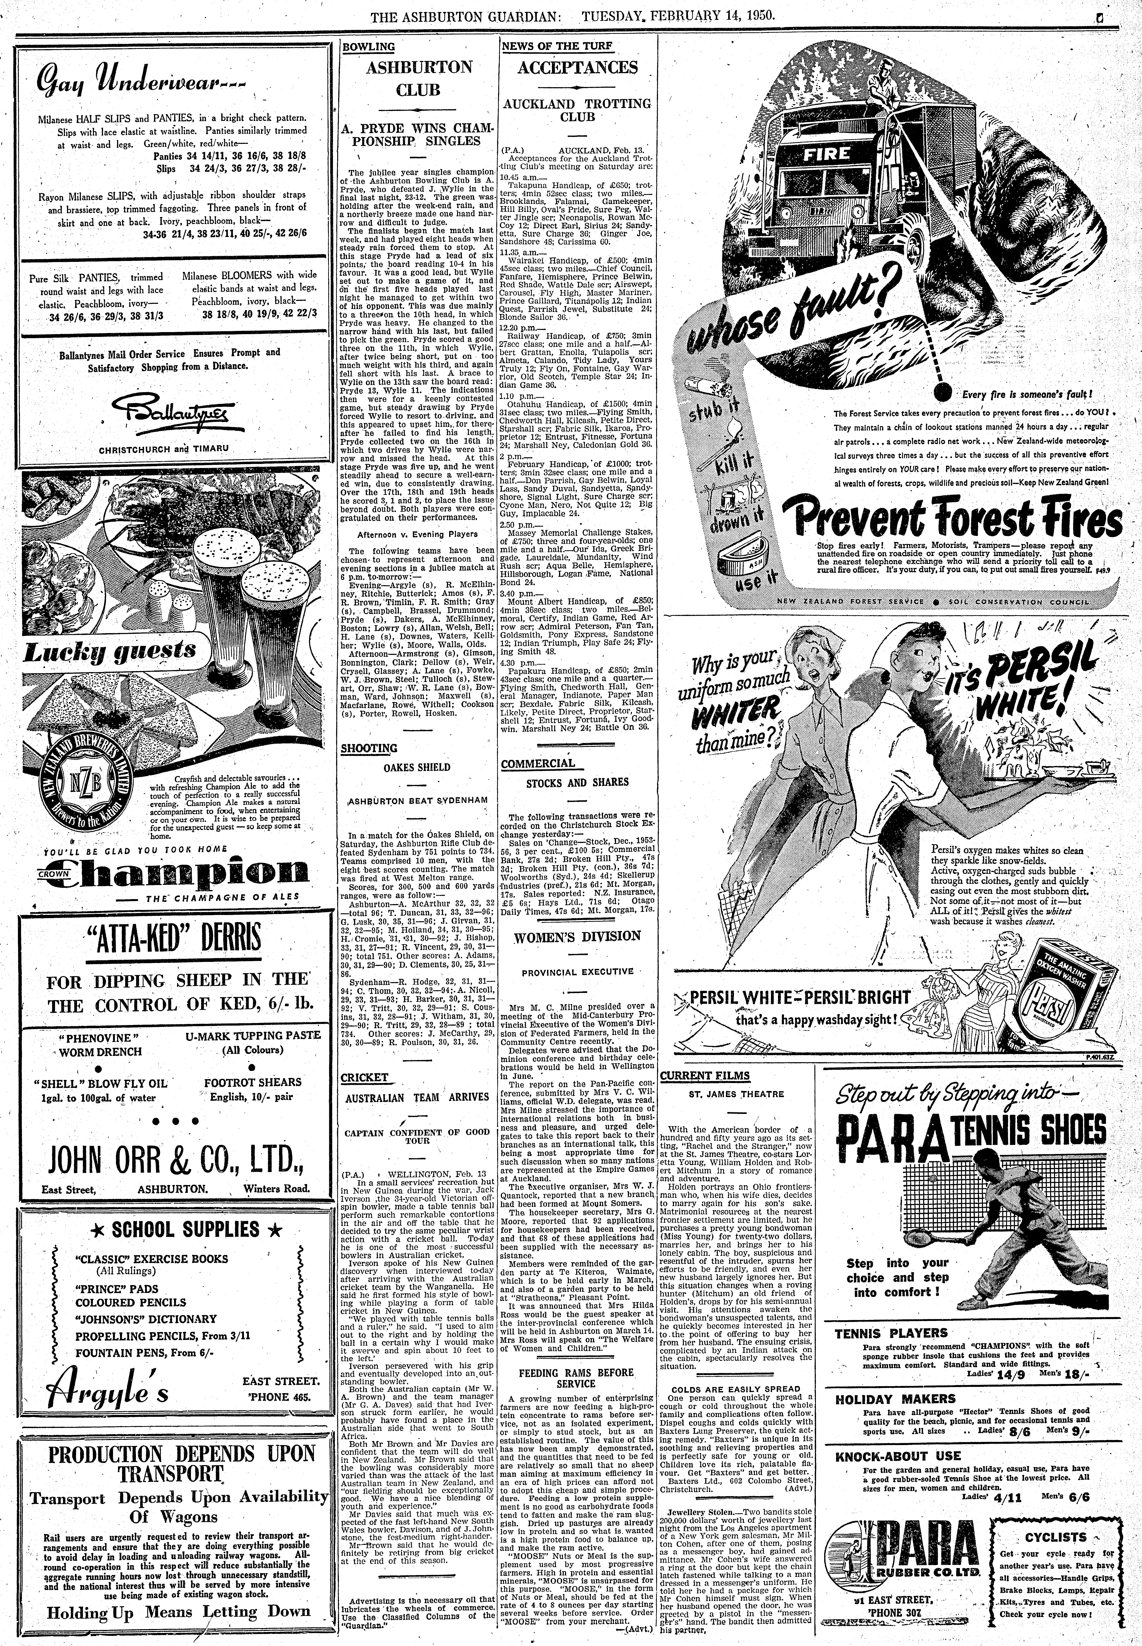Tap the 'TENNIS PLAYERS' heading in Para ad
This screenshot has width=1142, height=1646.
886,1333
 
